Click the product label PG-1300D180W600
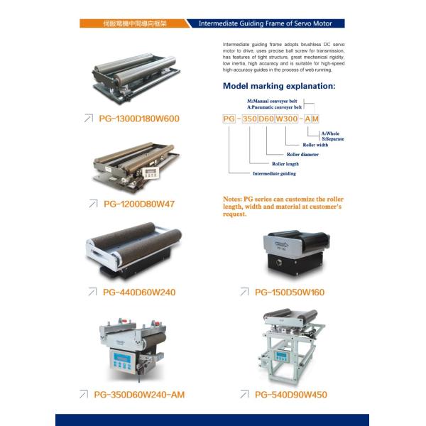tap(139, 119)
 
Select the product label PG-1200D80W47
tap(139, 204)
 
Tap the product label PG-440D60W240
tap(139, 291)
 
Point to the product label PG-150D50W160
tap(289, 291)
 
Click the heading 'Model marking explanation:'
tap(279, 86)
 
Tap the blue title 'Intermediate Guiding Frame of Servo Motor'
tap(266, 23)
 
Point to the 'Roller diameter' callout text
tap(302, 154)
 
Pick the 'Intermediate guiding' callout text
tap(274, 173)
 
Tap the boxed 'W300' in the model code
tap(285, 119)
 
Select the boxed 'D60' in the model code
tap(266, 119)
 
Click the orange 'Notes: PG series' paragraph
tap(283, 207)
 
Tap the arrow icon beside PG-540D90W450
tap(245, 394)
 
